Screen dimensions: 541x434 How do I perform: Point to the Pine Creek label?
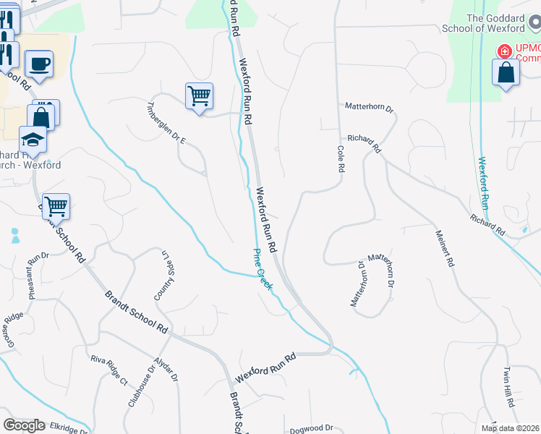point(263,270)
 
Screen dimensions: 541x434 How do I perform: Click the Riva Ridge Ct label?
point(108,370)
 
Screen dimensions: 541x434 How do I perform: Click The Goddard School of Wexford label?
point(495,23)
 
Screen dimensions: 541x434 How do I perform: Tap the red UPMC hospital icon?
point(503,51)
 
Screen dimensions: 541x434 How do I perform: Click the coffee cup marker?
point(39,63)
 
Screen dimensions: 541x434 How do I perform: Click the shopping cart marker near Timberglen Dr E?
point(199,95)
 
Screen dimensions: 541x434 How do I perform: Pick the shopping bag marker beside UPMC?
point(506,73)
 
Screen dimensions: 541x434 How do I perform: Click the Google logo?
point(24,425)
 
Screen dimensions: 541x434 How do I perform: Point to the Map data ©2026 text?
point(511,428)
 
